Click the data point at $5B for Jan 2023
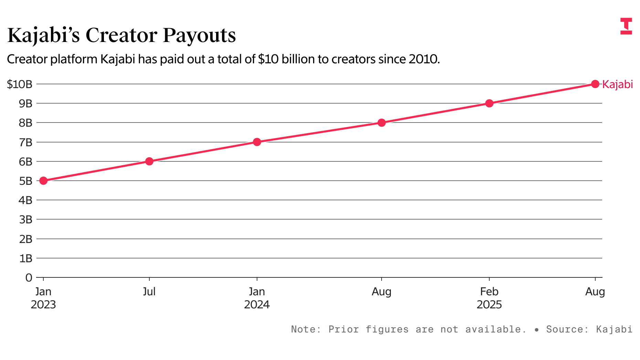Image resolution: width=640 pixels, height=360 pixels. click(43, 181)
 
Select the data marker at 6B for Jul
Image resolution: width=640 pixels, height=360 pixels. click(149, 161)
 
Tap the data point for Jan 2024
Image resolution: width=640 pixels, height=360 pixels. click(257, 142)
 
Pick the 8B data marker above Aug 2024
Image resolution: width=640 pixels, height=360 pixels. click(382, 123)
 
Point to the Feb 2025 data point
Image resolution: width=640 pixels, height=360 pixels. click(489, 103)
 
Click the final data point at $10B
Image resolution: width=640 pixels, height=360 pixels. click(595, 84)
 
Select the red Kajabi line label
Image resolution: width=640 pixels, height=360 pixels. click(618, 84)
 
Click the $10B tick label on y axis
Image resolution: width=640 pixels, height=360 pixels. click(20, 84)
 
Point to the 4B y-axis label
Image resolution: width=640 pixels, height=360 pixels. click(25, 200)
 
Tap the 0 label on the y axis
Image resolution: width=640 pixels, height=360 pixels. click(29, 278)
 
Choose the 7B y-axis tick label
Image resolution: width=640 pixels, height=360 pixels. click(25, 142)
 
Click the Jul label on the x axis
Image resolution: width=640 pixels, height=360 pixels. click(149, 292)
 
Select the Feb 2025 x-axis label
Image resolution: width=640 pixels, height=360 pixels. click(489, 298)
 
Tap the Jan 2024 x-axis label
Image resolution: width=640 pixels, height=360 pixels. click(257, 298)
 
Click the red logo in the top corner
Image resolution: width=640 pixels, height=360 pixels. click(626, 26)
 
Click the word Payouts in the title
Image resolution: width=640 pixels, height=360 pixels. click(199, 35)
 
